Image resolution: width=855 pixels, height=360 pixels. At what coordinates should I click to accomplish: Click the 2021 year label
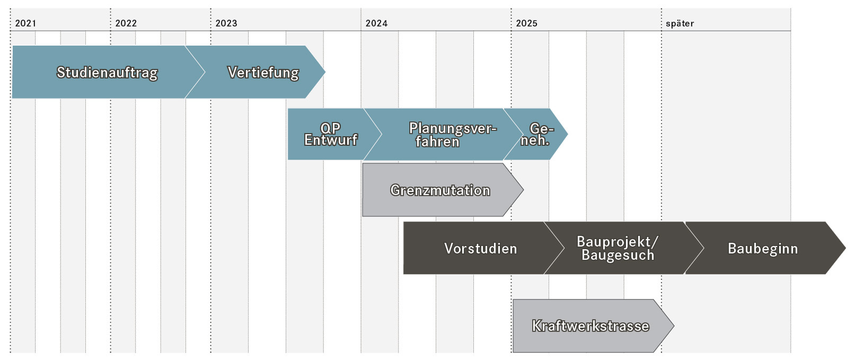25,23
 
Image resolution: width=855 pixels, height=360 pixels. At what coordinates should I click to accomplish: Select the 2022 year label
126,23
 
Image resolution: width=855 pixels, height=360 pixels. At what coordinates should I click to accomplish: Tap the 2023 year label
226,23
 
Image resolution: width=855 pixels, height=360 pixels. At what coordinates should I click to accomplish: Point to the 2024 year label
376,23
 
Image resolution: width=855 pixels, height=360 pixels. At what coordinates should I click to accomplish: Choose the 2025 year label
527,23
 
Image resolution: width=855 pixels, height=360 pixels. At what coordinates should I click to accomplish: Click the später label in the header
680,24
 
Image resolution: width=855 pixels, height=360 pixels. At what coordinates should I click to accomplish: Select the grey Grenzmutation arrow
443,190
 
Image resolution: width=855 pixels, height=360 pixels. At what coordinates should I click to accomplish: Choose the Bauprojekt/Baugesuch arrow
622,248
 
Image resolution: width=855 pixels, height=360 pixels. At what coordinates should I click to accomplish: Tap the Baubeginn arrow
763,248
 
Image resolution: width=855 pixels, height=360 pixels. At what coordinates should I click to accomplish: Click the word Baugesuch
618,255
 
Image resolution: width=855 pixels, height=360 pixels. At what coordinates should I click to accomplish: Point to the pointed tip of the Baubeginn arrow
845,248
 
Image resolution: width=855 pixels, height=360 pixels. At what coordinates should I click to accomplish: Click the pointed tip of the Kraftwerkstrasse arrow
674,326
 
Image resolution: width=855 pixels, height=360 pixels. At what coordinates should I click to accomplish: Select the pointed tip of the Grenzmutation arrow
523,190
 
